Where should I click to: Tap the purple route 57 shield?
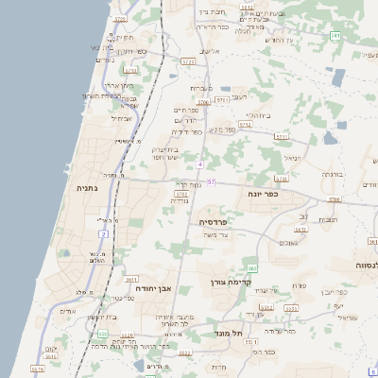coord(211,181)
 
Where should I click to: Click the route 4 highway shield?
coord(201,164)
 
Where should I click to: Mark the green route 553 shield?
coord(252,268)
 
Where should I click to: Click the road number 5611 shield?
coord(247,8)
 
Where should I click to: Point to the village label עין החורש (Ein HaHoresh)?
coord(282,40)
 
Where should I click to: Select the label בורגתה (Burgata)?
coord(333,175)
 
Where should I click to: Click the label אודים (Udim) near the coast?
coord(67,311)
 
